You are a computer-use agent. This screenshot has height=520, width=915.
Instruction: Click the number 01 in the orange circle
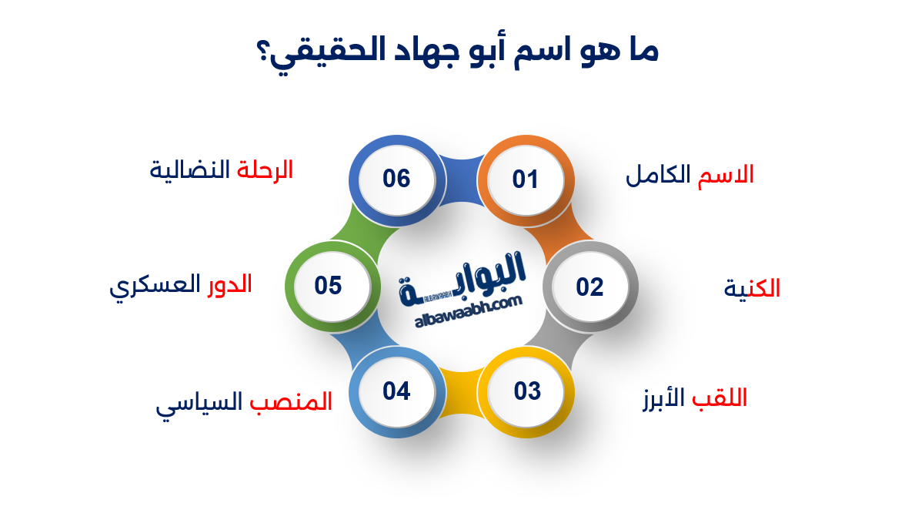pos(526,179)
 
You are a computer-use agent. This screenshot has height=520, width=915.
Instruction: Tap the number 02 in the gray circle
pos(590,287)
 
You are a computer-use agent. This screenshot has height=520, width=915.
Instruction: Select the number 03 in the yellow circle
pos(528,391)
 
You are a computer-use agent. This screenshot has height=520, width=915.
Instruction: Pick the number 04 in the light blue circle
pos(397,391)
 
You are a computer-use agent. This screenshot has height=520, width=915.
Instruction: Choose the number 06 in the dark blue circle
pos(397,179)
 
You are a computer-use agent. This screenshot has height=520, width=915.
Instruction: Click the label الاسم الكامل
pos(690,175)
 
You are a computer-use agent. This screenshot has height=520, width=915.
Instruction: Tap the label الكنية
pos(752,289)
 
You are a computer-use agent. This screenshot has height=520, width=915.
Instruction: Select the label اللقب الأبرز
pos(694,399)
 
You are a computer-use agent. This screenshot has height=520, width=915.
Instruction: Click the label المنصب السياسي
pos(244,403)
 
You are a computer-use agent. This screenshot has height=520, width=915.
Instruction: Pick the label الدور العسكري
pos(180,285)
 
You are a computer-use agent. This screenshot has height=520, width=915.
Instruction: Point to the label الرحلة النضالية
pos(222,170)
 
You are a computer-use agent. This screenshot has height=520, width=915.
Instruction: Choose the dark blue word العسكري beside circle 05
pos(152,287)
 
